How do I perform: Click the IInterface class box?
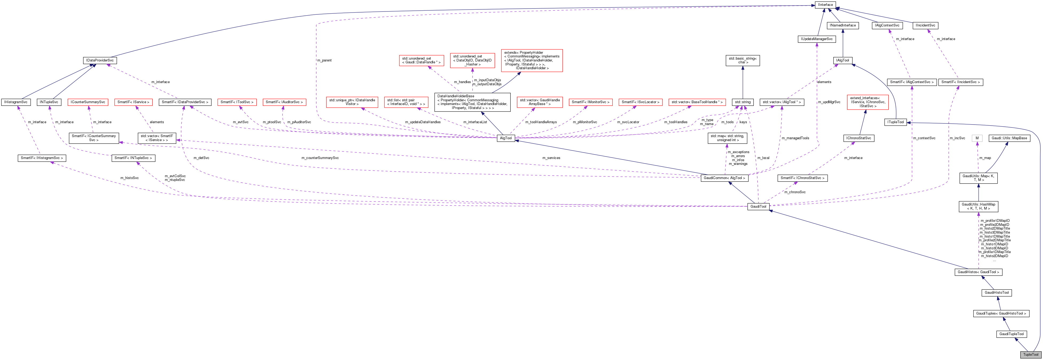(825, 5)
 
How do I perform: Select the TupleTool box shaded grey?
(1030, 355)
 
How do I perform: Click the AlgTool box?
(505, 138)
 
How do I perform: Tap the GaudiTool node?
(758, 207)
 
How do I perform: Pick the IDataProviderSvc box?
(100, 60)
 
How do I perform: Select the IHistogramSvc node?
(16, 102)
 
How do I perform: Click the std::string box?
(743, 102)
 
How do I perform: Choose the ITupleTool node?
(895, 122)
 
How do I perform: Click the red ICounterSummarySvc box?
(88, 102)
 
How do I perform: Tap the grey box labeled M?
(977, 138)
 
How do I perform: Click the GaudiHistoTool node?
(997, 293)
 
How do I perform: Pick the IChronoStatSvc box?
(858, 138)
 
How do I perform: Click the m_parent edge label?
(324, 60)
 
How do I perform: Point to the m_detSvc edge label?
(201, 158)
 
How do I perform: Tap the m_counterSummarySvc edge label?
(320, 158)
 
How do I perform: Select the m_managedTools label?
(795, 138)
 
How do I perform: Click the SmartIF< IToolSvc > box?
(237, 102)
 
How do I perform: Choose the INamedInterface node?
(843, 25)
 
